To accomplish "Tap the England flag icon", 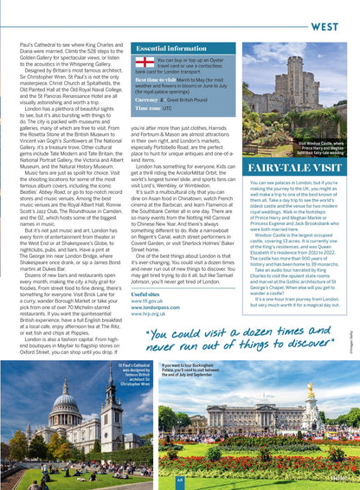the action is [145, 61].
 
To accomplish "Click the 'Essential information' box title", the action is [172, 48].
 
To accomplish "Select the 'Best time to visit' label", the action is [156, 79].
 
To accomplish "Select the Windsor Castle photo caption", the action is [322, 148].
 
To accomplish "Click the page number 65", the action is [181, 478].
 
